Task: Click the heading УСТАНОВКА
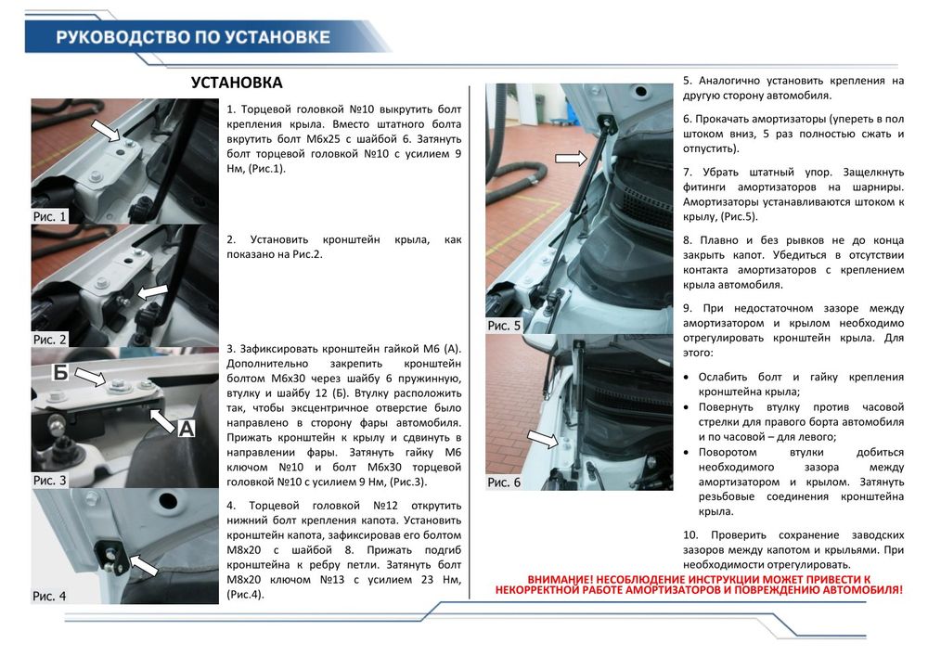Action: (x=236, y=83)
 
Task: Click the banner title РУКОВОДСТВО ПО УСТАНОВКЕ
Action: (x=192, y=38)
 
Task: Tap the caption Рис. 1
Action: (x=50, y=216)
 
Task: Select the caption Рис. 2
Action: (x=50, y=340)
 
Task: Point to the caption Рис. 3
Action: (x=50, y=481)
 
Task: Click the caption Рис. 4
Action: (x=49, y=596)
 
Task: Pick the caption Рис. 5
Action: (x=505, y=326)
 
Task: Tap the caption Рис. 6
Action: (x=504, y=482)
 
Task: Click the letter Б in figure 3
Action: (x=60, y=373)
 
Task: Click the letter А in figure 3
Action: (x=187, y=429)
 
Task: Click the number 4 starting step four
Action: (x=230, y=506)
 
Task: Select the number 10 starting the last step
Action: (x=690, y=534)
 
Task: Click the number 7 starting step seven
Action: (x=687, y=173)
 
